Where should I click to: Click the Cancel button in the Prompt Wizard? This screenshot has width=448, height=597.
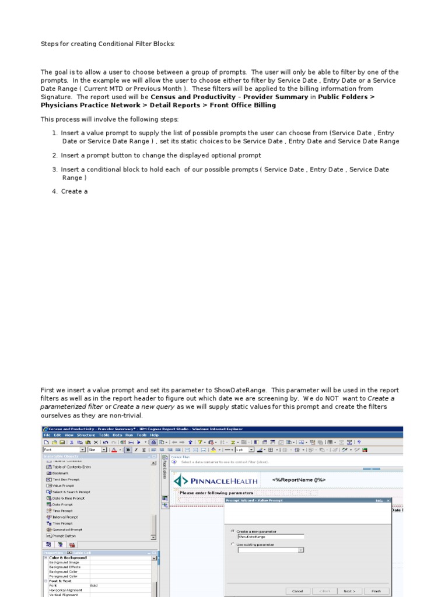(298, 591)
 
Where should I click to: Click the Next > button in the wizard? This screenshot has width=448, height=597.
(349, 591)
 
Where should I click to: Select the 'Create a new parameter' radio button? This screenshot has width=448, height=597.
(233, 531)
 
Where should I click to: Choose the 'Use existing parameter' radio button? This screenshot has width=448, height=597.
(233, 545)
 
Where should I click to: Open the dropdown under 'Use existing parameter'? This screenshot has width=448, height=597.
(300, 550)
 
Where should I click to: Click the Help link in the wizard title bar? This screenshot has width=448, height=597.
(379, 500)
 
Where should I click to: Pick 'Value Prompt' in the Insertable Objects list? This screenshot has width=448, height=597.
(63, 486)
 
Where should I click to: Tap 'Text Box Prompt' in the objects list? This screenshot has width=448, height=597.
(66, 479)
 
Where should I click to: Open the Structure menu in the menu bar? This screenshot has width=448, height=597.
(86, 434)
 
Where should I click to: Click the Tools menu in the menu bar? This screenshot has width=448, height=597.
(142, 434)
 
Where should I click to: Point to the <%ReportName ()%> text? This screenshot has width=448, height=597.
(299, 480)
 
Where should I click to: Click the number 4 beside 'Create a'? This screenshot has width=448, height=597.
(54, 191)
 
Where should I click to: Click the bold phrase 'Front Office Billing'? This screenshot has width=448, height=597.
(240, 106)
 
